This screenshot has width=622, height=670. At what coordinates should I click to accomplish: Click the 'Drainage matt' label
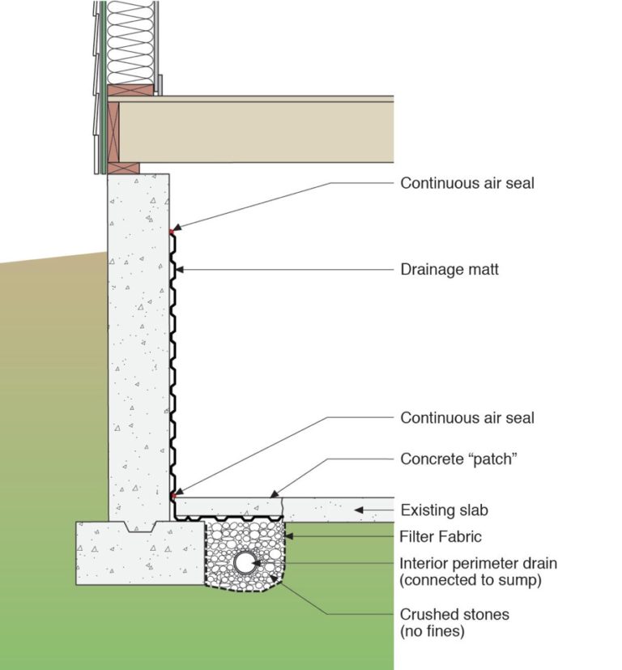(x=449, y=270)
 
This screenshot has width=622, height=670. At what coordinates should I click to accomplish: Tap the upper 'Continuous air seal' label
(x=467, y=183)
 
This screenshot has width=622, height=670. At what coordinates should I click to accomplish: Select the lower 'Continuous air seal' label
(x=467, y=418)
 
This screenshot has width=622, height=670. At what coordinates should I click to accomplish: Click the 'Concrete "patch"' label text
(x=458, y=459)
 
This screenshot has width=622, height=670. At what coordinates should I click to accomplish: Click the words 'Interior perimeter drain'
(x=479, y=563)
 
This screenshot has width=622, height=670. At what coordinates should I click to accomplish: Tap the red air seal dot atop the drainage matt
(x=172, y=233)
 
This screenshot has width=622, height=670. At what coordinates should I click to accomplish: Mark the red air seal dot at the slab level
(x=173, y=494)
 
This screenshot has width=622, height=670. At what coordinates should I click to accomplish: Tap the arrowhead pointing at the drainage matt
(x=184, y=270)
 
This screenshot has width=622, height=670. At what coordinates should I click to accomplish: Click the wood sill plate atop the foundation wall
(x=123, y=169)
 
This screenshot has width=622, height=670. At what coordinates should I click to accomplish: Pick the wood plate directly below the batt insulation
(x=130, y=90)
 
